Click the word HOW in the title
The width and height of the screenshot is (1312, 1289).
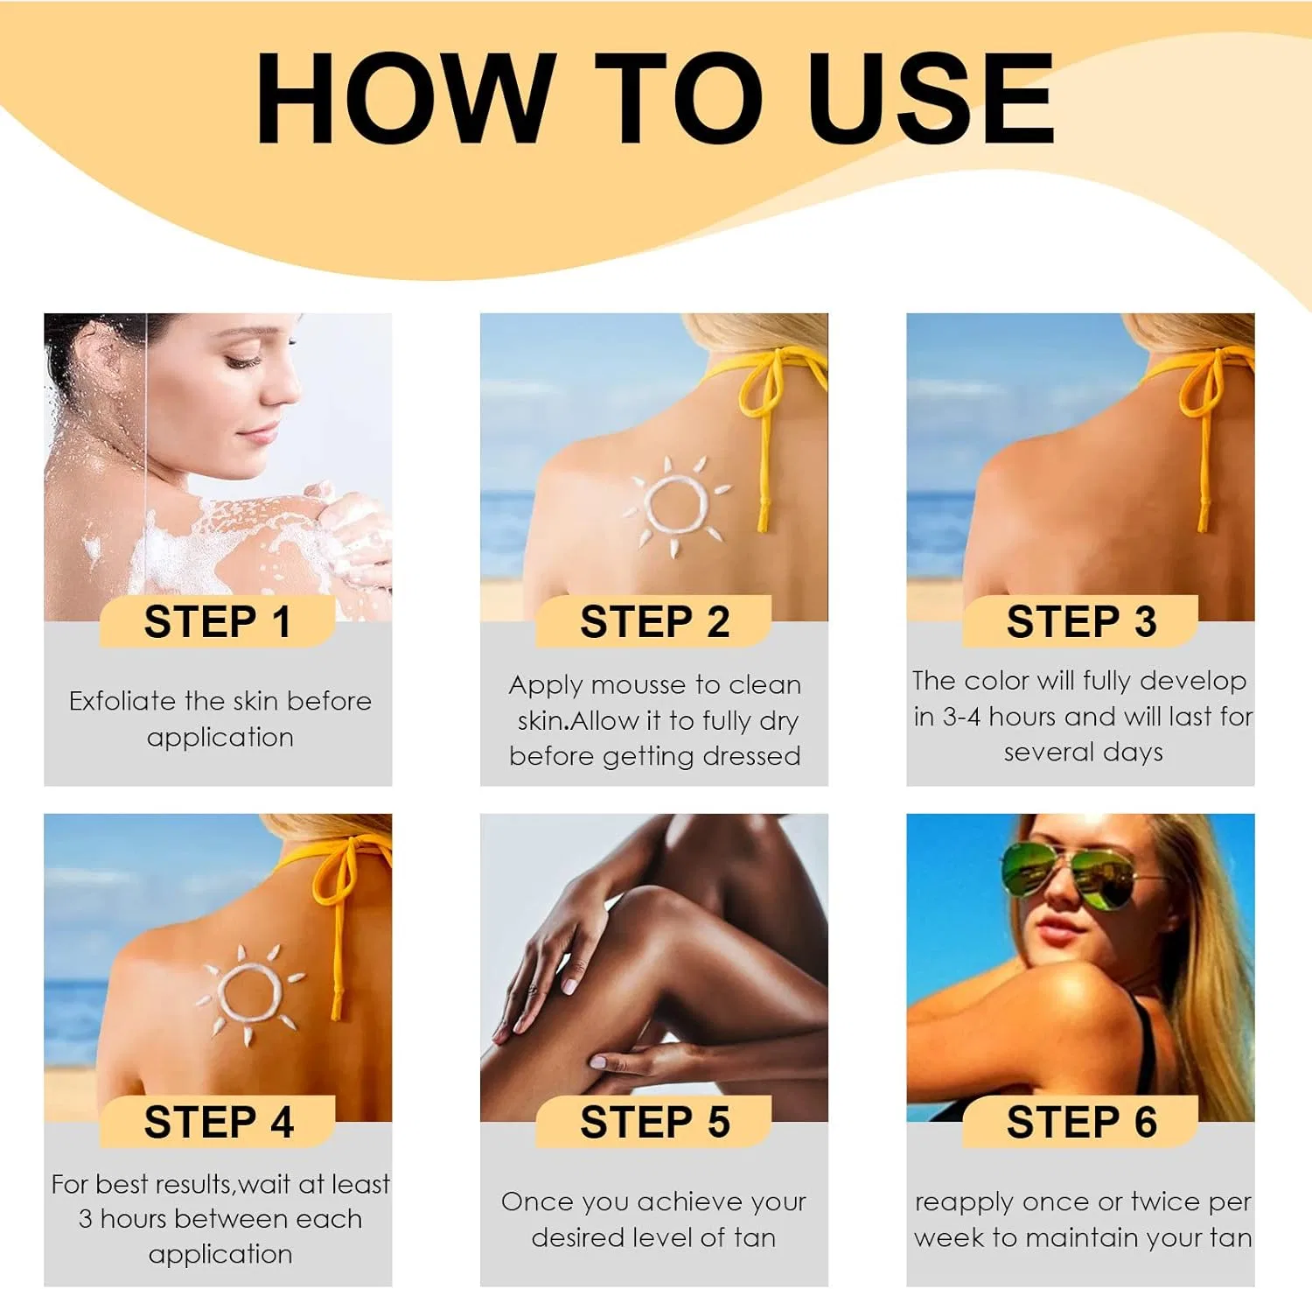coord(406,97)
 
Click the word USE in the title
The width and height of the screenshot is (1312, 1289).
coord(931,97)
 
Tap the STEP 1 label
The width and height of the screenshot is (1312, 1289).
coord(217,622)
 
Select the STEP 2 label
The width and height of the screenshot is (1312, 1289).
coord(654,622)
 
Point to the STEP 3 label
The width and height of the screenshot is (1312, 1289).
coord(1081,622)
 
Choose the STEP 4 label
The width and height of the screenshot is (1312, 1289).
coord(219,1123)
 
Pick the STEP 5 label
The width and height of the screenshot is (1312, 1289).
coord(654,1123)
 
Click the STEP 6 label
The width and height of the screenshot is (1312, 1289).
coord(1081,1123)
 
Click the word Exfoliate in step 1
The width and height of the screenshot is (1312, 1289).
coord(123,701)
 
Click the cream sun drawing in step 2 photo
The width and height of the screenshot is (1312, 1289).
coord(675,506)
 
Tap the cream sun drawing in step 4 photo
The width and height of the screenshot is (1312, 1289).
coord(249,994)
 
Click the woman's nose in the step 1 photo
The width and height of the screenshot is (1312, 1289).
coord(281,385)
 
